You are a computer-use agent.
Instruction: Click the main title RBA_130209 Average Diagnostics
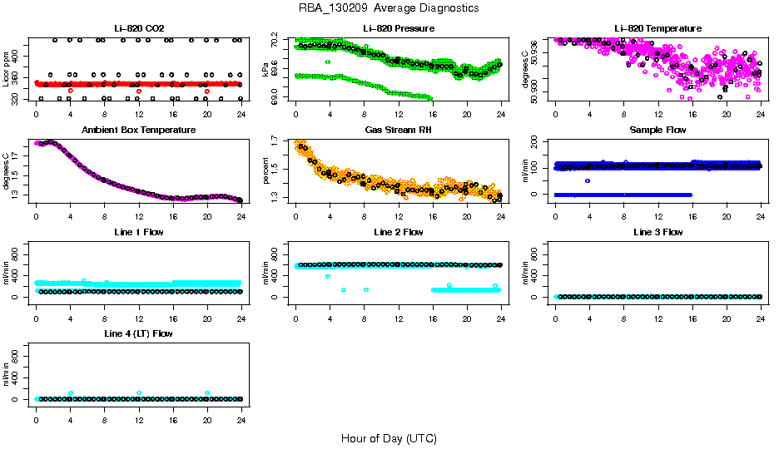click(x=389, y=8)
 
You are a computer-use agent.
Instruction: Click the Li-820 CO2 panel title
click(x=138, y=29)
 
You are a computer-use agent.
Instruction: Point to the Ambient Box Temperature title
click(x=138, y=131)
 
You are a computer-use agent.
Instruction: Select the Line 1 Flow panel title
click(x=138, y=232)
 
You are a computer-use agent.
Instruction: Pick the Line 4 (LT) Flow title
click(x=138, y=333)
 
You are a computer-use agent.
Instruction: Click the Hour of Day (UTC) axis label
click(x=389, y=438)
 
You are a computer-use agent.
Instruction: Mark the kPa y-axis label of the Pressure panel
click(x=266, y=68)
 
